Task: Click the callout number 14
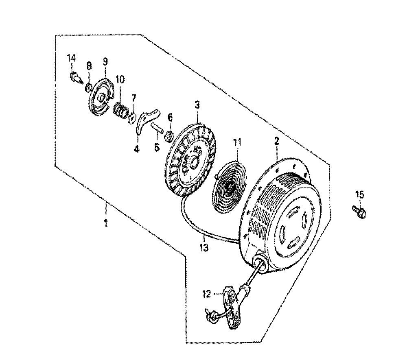click(x=72, y=58)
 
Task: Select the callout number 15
click(x=360, y=194)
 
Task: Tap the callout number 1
click(x=106, y=223)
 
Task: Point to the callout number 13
click(x=204, y=248)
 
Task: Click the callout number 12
click(x=207, y=295)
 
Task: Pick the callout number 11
click(x=237, y=142)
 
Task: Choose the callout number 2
click(x=276, y=141)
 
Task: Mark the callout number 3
click(x=197, y=105)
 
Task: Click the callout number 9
click(x=105, y=62)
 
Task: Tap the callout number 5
click(x=157, y=147)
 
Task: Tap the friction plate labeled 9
click(x=101, y=96)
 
